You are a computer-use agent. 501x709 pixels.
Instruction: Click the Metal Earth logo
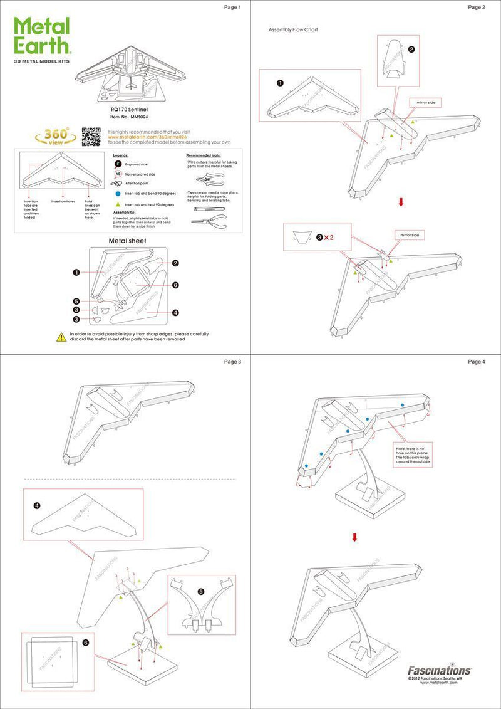(43, 37)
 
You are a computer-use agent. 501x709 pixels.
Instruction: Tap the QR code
(91, 137)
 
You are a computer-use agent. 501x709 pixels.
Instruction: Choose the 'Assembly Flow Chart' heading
(294, 29)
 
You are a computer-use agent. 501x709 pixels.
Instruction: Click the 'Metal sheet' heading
(128, 240)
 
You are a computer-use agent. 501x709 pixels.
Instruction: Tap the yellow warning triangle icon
(61, 337)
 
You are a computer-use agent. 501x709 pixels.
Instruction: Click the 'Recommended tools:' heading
(205, 155)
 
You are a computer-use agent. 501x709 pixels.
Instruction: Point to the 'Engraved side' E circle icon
(117, 164)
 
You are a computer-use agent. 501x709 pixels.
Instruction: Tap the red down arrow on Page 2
(401, 202)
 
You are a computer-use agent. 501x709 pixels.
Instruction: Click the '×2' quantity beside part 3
(326, 238)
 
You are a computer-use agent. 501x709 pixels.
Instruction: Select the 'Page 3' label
(232, 362)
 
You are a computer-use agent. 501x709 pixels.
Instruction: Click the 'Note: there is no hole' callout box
(411, 456)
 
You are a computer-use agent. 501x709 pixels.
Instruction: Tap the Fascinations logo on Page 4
(440, 670)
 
